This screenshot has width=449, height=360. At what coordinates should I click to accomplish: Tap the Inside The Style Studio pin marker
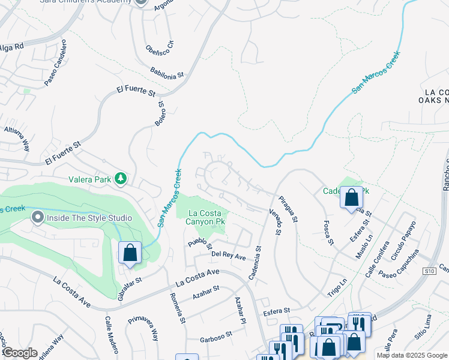click(x=38, y=217)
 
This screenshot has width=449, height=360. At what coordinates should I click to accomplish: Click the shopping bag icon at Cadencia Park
click(x=351, y=197)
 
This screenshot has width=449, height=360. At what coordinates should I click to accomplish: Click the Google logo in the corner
click(x=20, y=353)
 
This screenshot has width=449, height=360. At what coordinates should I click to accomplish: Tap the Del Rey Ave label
click(x=229, y=256)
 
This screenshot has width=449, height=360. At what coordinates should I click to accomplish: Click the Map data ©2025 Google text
click(x=411, y=355)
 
